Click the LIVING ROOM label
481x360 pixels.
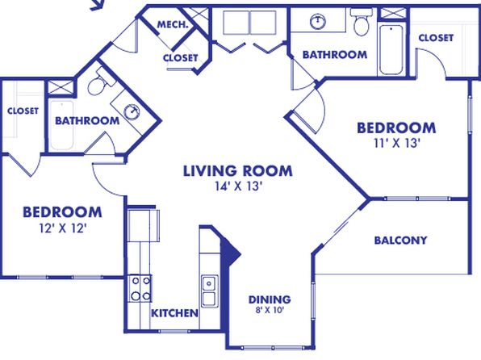238,171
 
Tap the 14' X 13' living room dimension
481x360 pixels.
238,186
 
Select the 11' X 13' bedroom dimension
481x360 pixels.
396,143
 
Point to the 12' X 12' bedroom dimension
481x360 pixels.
63,228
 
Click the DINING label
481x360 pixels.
270,299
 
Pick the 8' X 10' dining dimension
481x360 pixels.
270,310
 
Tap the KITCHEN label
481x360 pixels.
175,313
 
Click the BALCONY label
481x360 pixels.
400,240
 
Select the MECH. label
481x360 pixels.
173,24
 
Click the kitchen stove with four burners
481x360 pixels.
140,288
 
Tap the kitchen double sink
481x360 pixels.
210,291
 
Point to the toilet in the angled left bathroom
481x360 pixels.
99,82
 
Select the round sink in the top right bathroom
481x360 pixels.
318,22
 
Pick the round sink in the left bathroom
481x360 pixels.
132,111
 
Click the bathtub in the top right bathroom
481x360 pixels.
391,50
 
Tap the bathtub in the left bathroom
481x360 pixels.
61,125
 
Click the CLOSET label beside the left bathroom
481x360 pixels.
23,111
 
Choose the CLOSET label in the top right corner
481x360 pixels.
436,38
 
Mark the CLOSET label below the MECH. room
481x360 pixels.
181,57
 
